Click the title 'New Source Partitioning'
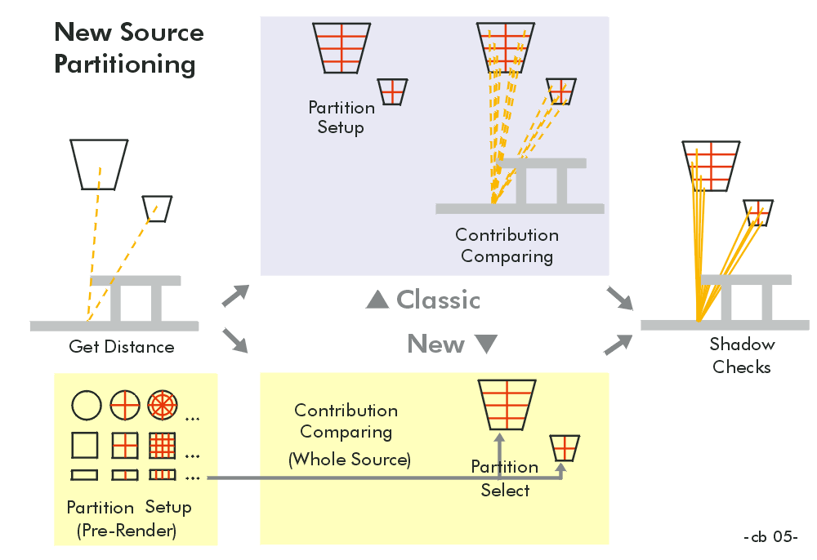tap(128, 48)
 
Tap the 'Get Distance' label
tap(122, 347)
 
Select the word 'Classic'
tap(438, 300)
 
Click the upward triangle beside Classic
tap(377, 300)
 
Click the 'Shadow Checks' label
tap(742, 355)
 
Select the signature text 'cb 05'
tap(770, 537)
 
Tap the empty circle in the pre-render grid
tap(86, 404)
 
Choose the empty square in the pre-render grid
tap(85, 445)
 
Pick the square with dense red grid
tap(162, 445)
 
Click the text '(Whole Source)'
tap(349, 460)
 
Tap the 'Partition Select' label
tap(505, 478)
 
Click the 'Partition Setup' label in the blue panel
tap(341, 118)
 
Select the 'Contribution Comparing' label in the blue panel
tap(507, 246)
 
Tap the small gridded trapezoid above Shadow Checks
tap(759, 212)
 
